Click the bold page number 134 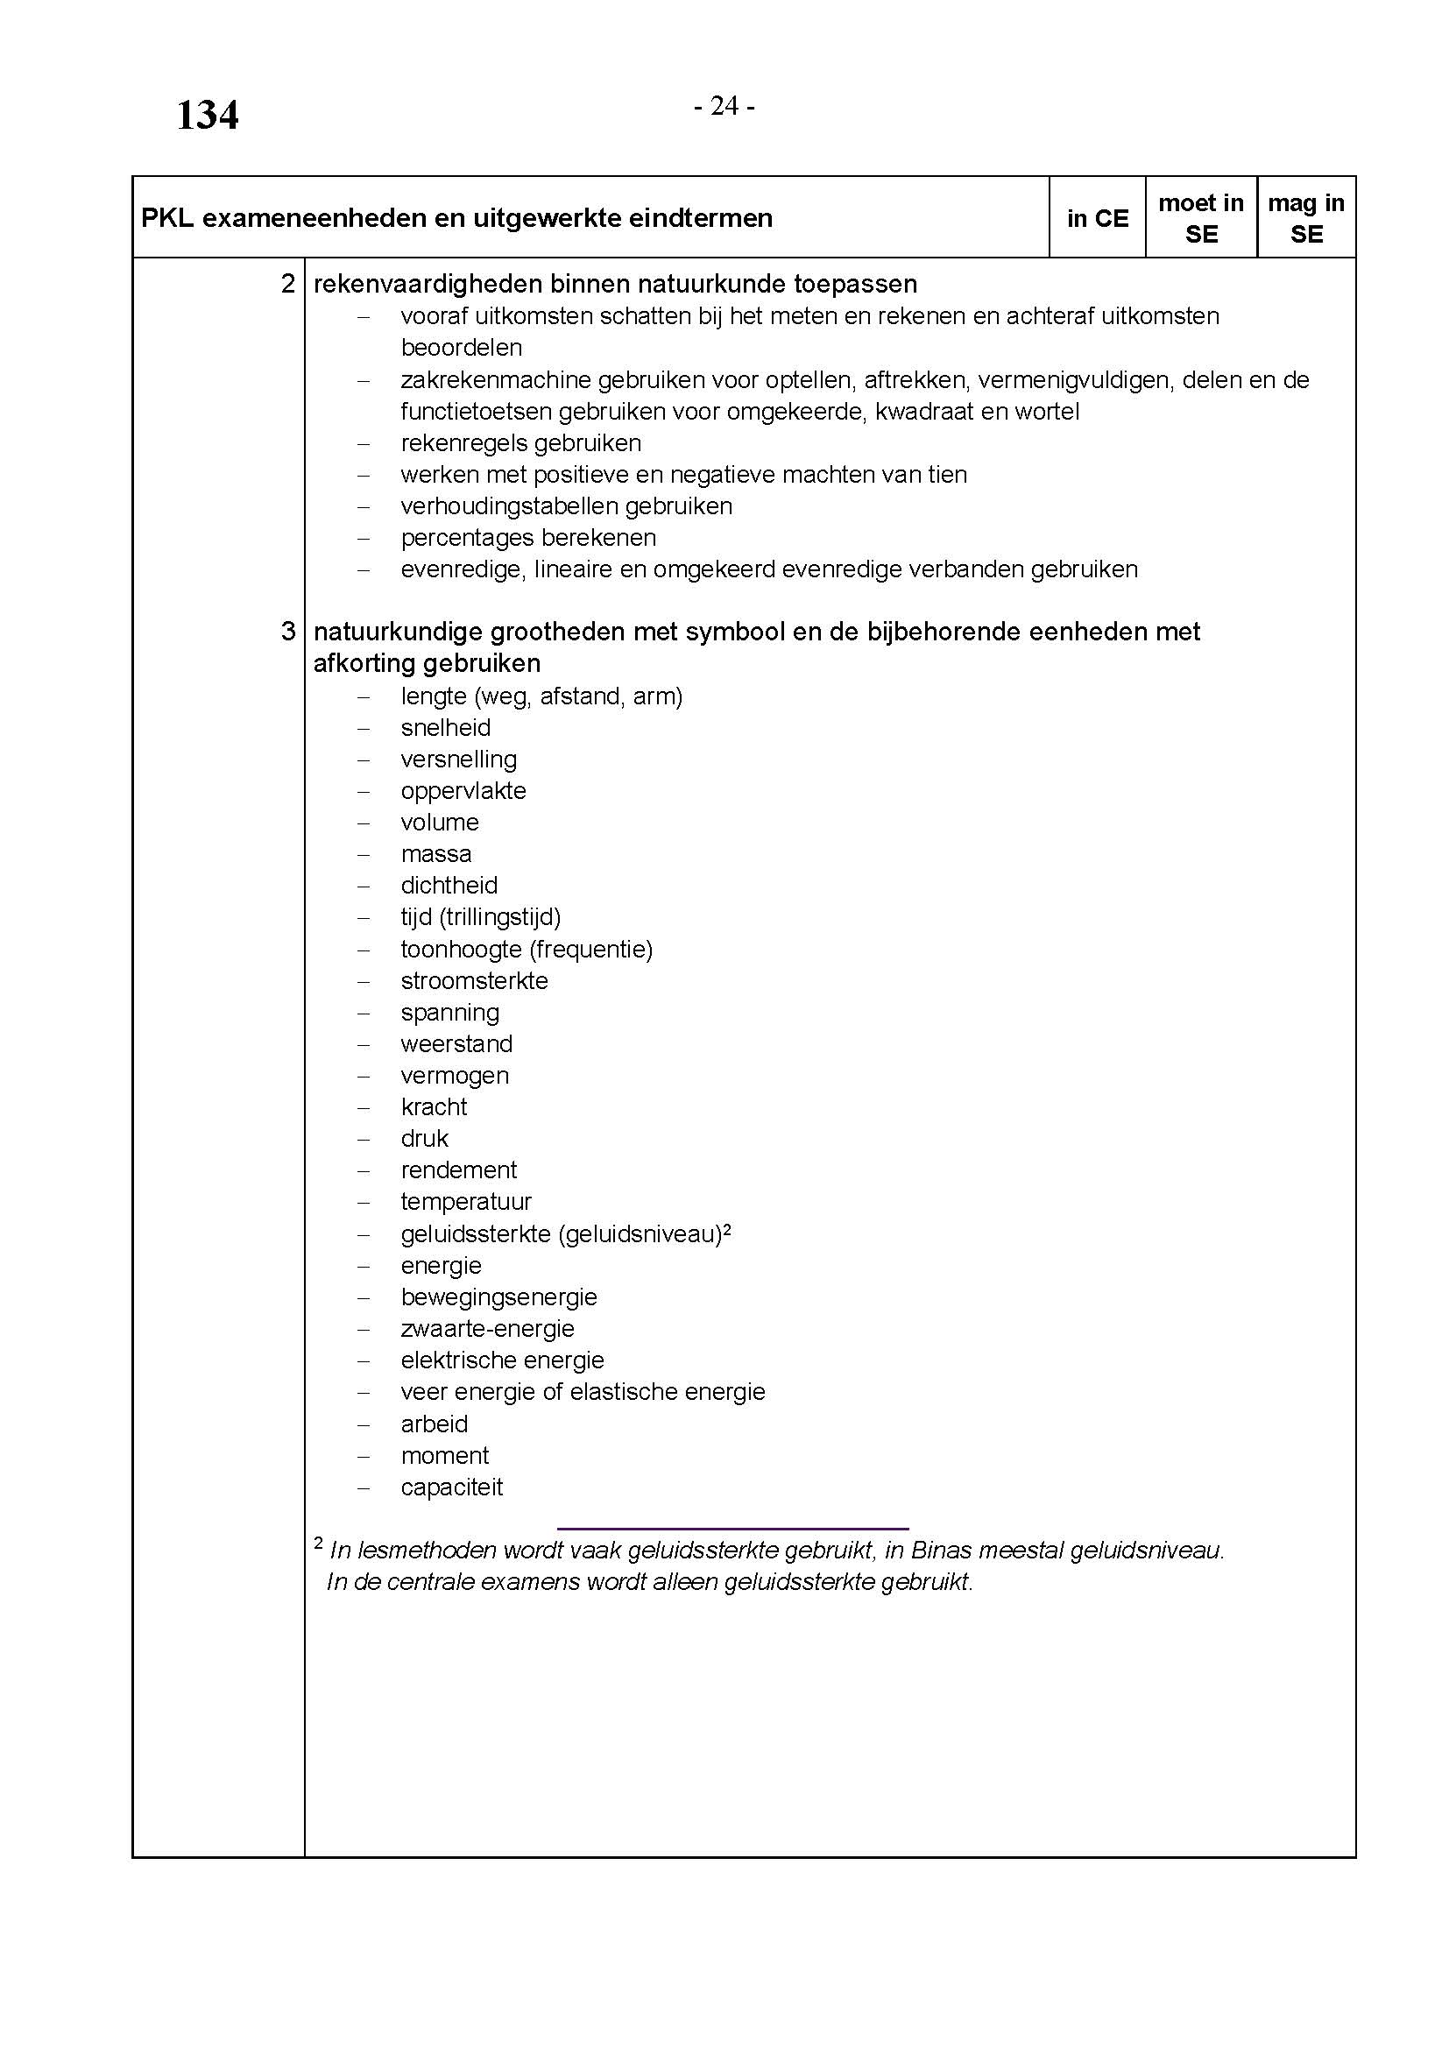coord(207,116)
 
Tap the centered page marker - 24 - coord(724,106)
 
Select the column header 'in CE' coord(1098,219)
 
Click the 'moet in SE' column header coord(1201,219)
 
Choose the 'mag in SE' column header coord(1306,219)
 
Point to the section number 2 coord(287,284)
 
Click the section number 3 coord(287,632)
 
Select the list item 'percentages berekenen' coord(528,538)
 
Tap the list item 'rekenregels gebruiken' coord(521,443)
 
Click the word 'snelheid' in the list coord(446,728)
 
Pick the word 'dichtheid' coord(449,887)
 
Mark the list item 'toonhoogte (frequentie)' coord(527,950)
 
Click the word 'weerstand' coord(456,1044)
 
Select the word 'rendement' coord(458,1170)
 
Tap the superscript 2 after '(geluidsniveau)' coord(727,1229)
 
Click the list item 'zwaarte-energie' coord(487,1329)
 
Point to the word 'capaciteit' coord(451,1487)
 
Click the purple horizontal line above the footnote coord(732,1530)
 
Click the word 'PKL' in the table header coord(166,219)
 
